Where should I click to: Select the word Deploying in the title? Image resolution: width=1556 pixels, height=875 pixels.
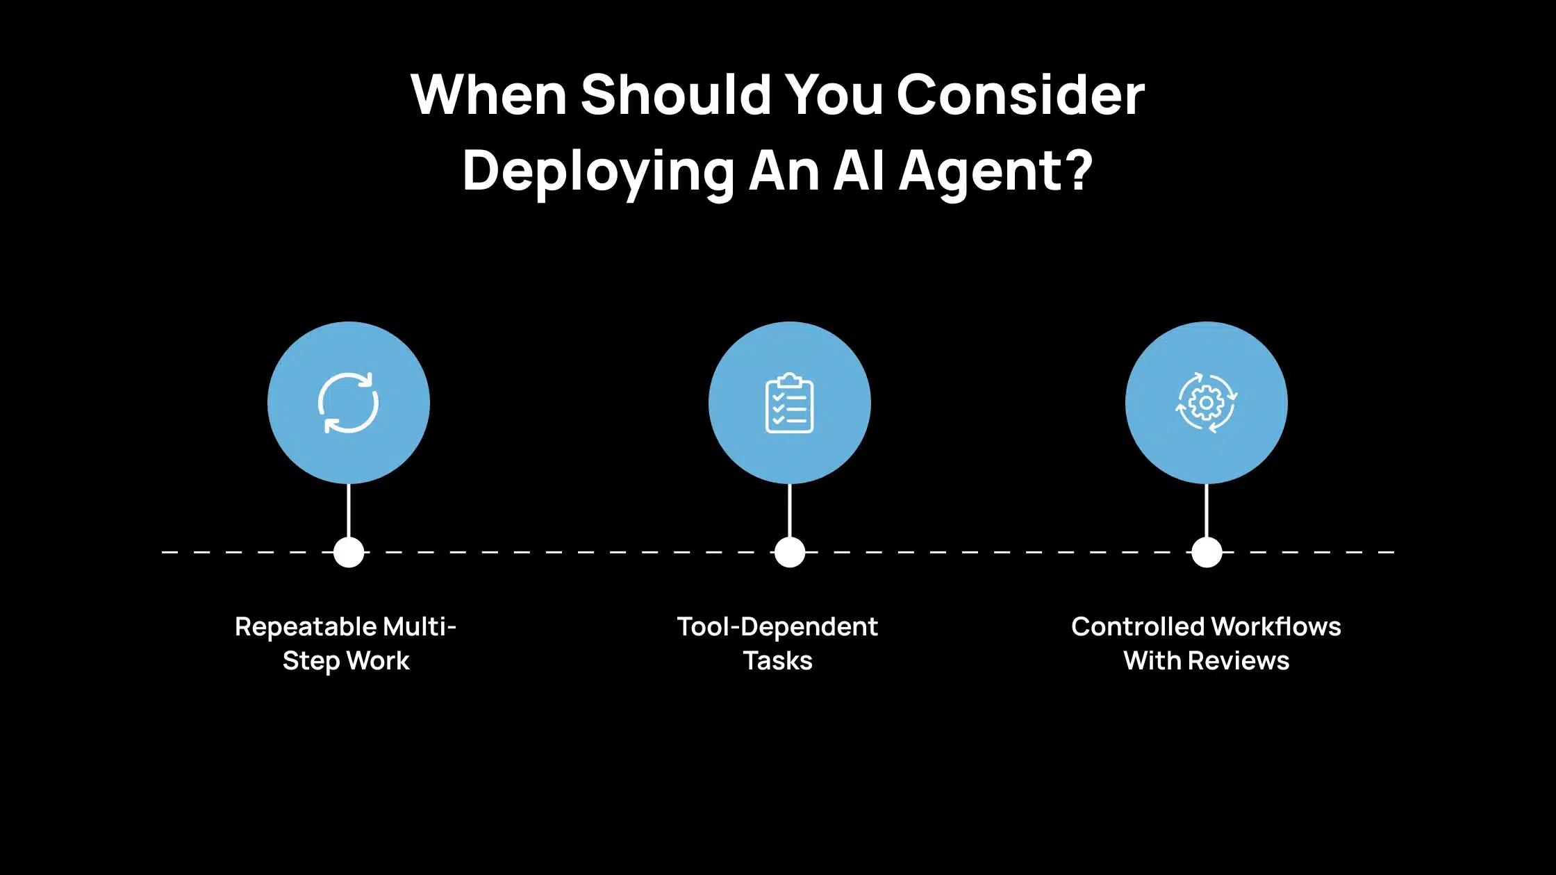[x=598, y=172]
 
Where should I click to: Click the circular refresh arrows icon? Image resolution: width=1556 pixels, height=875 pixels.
[x=349, y=403]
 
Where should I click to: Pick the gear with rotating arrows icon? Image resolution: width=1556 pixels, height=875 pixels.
[x=1206, y=403]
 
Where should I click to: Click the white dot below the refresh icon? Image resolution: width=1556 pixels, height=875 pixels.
[x=349, y=552]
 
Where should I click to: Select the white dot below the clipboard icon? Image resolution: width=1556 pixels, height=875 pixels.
[x=790, y=552]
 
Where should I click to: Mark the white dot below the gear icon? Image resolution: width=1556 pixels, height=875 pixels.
[x=1207, y=552]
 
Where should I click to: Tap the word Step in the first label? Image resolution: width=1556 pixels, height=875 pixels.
[x=311, y=661]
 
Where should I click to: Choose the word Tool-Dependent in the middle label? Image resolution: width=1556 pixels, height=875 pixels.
[x=777, y=627]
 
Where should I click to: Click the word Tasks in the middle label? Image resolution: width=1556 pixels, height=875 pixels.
[x=777, y=661]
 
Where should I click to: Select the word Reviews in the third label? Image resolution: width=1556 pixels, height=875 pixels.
[x=1239, y=661]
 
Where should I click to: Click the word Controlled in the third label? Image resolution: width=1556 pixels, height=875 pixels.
[x=1136, y=627]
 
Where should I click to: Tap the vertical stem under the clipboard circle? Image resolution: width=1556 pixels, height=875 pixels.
[x=790, y=510]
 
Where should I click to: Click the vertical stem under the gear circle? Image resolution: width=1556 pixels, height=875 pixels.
[x=1207, y=510]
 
